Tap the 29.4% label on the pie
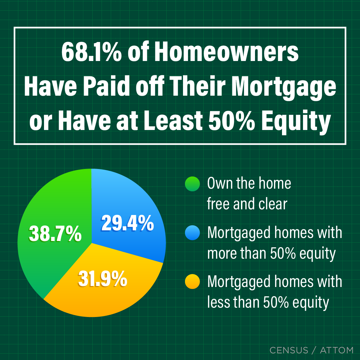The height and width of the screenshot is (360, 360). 127,223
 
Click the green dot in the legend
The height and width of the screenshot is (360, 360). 192,184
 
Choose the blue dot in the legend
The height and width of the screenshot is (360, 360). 192,233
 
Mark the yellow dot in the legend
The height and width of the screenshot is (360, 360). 192,282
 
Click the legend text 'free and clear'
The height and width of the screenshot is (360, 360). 247,204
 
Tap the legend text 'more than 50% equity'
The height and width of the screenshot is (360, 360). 271,254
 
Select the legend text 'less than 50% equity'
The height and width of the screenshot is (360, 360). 268,302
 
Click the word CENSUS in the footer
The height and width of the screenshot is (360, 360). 289,350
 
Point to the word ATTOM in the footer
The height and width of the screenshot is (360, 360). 336,350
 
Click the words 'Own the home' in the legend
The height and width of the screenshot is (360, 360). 249,184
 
